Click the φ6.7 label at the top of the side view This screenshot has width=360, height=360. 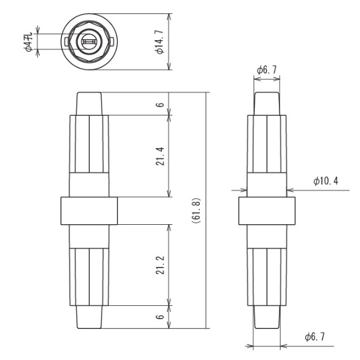tap(267, 70)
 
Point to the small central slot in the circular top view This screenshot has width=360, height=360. tap(89, 41)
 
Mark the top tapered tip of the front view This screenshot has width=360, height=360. tap(89, 104)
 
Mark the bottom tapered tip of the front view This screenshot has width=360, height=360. tap(89, 317)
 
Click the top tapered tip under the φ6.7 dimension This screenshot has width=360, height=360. tap(267, 104)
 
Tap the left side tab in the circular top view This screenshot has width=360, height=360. tap(66, 41)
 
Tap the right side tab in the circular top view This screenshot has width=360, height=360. tap(112, 41)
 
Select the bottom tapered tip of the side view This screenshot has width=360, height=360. tap(267, 317)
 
